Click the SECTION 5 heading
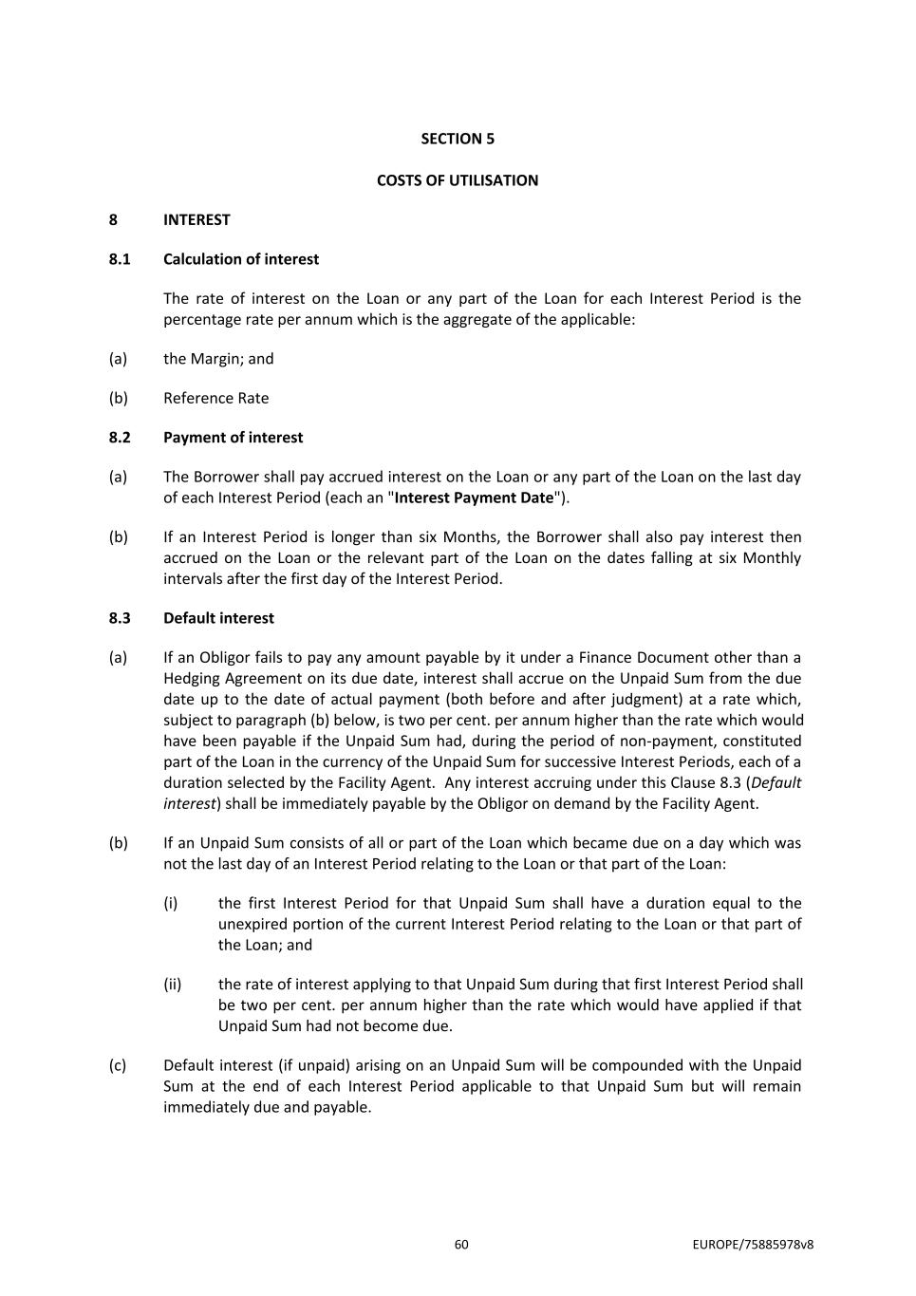pyautogui.click(x=458, y=139)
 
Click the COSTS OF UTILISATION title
pyautogui.click(x=458, y=180)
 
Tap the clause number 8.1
pyautogui.click(x=120, y=259)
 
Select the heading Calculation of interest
pyautogui.click(x=241, y=259)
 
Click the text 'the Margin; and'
pyautogui.click(x=218, y=359)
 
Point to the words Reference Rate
pyautogui.click(x=215, y=398)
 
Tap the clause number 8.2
pyautogui.click(x=120, y=438)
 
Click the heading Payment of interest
pyautogui.click(x=233, y=438)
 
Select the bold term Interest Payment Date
pyautogui.click(x=474, y=498)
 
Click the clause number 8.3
pyautogui.click(x=120, y=618)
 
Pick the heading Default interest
pyautogui.click(x=218, y=618)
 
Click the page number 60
pyautogui.click(x=461, y=1245)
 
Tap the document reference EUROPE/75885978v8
pyautogui.click(x=753, y=1245)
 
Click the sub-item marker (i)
pyautogui.click(x=171, y=903)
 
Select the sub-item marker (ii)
pyautogui.click(x=173, y=985)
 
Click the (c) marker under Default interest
pyautogui.click(x=118, y=1065)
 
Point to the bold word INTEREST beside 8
pyautogui.click(x=196, y=219)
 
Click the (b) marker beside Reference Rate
pyautogui.click(x=118, y=398)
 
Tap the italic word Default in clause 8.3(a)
pyautogui.click(x=776, y=782)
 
